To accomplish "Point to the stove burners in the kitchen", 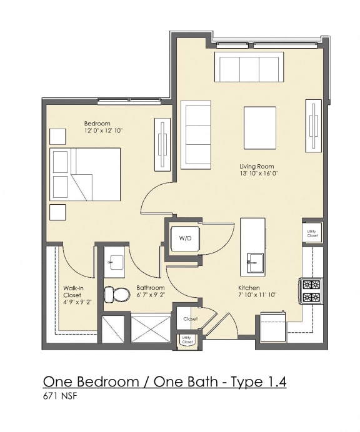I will (311, 291).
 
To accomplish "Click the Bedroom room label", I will (97, 123).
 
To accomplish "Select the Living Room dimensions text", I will (258, 174).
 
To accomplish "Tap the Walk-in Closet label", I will (72, 292).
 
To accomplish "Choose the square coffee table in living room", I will (259, 127).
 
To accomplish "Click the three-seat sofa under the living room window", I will (249, 67).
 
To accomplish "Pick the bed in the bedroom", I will (86, 174).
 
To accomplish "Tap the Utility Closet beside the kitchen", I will (312, 233).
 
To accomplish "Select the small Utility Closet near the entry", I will (186, 341).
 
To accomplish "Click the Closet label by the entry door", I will (190, 319).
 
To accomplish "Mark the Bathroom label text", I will (151, 288).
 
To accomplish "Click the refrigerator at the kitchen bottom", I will (272, 326).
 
